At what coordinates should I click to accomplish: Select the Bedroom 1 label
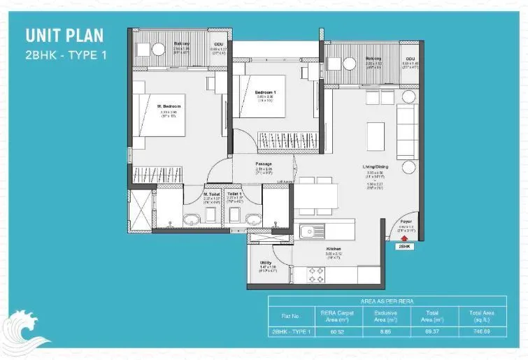tap(264, 93)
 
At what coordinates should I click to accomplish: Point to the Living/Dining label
tap(375, 166)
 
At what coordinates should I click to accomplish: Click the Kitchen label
tap(333, 248)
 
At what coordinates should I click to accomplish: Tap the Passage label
tap(264, 164)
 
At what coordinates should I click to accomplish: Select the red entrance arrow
tap(404, 238)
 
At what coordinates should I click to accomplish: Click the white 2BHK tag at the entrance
tap(404, 247)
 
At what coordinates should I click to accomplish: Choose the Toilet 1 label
tap(235, 194)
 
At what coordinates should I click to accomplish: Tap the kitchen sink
tap(309, 231)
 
